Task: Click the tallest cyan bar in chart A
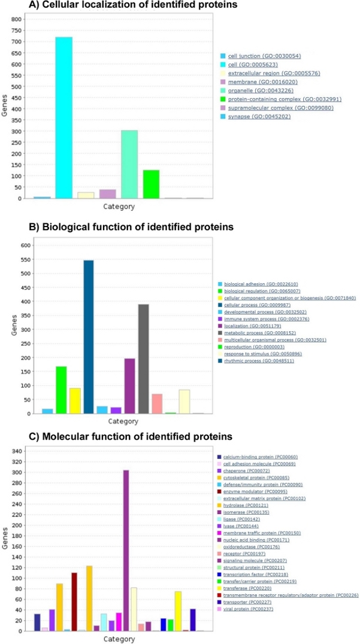(x=63, y=117)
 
